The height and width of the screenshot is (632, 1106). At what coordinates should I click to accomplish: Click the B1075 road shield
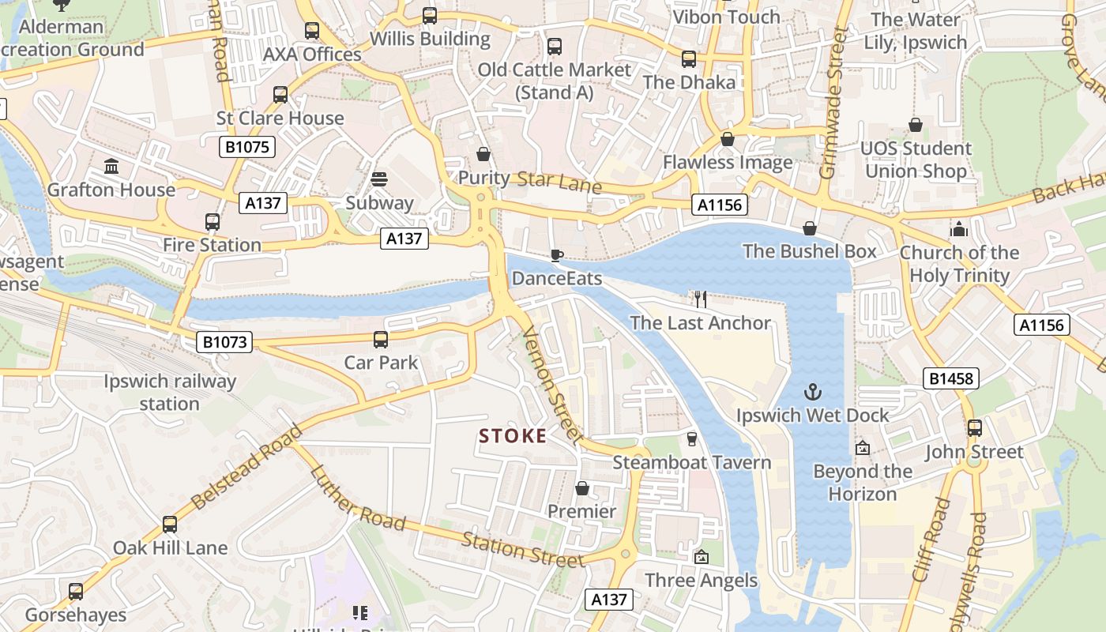tap(246, 146)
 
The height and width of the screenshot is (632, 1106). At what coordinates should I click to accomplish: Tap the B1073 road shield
tap(224, 342)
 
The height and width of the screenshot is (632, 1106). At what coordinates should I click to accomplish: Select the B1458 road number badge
tap(952, 379)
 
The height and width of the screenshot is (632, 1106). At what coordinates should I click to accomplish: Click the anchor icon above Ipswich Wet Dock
tap(812, 392)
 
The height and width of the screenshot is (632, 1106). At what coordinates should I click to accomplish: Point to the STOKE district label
tap(513, 436)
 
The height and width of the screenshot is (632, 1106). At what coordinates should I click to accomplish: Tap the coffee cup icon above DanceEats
tap(557, 255)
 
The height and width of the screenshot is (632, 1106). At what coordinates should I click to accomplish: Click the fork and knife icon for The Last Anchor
tap(700, 299)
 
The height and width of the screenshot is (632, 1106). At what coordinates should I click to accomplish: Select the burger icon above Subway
tap(379, 179)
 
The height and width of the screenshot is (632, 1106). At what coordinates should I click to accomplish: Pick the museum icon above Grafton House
tap(111, 167)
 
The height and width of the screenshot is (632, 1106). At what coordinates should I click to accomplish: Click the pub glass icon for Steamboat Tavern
tap(692, 438)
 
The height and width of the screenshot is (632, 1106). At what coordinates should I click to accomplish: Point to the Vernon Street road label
tap(553, 386)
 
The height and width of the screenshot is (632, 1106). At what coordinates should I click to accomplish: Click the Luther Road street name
tap(358, 498)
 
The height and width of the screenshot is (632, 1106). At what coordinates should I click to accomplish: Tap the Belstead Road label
tap(246, 467)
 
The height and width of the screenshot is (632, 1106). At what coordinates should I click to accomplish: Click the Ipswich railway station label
tap(170, 393)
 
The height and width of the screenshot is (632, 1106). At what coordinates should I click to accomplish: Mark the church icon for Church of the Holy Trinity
tap(959, 229)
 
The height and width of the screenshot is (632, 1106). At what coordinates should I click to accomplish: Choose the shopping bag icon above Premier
tap(582, 488)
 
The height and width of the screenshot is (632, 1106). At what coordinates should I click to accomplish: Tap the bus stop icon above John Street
tap(975, 428)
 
